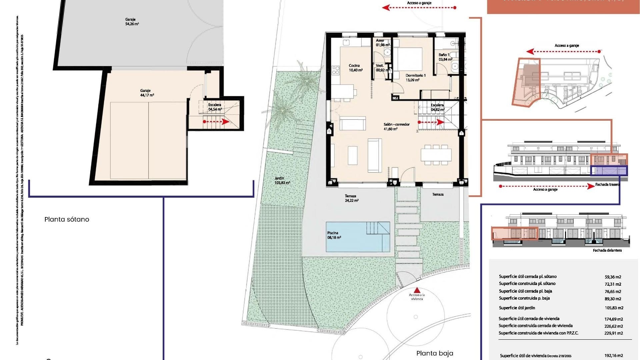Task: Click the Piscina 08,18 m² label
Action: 334,235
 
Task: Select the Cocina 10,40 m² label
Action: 355,68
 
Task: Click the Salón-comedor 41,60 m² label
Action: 396,127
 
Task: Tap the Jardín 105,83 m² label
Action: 282,180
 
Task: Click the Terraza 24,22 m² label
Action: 352,198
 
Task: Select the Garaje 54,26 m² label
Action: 132,22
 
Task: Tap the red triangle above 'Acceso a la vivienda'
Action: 417,290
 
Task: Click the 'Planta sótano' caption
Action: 67,219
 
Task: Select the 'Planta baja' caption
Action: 435,353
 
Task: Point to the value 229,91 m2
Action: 614,333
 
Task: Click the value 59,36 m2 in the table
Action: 613,277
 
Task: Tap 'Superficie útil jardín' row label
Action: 517,308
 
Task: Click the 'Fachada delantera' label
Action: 607,250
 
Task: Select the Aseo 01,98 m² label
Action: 382,43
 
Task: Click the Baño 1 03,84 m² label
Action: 445,57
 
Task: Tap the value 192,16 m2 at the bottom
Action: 614,356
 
